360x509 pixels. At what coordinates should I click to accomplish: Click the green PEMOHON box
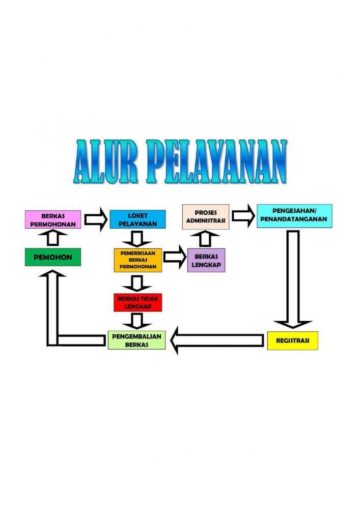click(53, 257)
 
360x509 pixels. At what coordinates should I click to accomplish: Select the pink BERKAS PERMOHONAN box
click(53, 219)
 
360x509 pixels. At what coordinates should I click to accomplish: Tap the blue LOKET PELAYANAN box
click(137, 219)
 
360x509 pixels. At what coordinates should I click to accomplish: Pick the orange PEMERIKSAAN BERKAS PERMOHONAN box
click(137, 260)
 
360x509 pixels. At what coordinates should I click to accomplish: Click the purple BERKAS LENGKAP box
click(206, 260)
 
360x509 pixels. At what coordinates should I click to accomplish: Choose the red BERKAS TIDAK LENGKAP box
click(137, 302)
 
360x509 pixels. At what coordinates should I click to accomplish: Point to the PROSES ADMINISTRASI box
click(206, 217)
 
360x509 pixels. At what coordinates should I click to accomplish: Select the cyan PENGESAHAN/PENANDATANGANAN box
click(294, 216)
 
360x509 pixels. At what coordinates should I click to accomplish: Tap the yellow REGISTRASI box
click(292, 341)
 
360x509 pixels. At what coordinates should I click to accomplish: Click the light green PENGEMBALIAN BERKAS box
click(136, 340)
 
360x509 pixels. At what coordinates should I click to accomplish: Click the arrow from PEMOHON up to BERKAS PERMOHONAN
click(52, 238)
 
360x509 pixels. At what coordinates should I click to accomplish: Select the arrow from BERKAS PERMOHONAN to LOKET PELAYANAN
click(96, 219)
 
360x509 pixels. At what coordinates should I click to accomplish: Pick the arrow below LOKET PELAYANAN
click(136, 239)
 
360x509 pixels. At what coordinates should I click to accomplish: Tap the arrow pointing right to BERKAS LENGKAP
click(175, 257)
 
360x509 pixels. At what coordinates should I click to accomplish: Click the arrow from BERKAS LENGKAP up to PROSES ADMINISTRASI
click(205, 239)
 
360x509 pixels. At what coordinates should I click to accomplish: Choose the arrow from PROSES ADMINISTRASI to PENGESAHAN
click(243, 215)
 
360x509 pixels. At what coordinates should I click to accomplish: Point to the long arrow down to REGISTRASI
click(293, 279)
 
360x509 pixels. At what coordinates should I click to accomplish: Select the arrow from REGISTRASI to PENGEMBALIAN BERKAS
click(217, 340)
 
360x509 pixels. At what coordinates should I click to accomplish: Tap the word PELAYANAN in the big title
click(216, 162)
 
